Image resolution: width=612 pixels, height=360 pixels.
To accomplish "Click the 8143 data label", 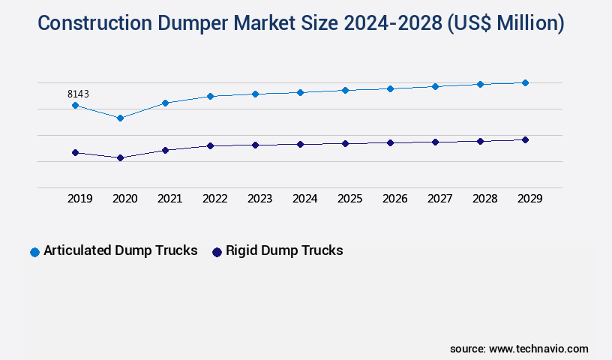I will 78,94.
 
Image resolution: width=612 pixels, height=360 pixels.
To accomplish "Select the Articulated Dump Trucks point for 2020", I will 120,118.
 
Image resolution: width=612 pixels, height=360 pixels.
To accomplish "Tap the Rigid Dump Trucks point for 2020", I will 120,157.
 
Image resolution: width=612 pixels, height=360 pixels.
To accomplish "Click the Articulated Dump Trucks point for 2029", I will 525,82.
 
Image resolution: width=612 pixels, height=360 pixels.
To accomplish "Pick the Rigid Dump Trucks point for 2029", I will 525,139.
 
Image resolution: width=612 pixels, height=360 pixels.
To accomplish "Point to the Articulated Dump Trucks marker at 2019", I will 75,105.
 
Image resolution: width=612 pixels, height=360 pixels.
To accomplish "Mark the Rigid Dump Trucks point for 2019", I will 75,152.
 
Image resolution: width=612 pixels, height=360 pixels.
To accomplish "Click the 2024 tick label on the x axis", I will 304,199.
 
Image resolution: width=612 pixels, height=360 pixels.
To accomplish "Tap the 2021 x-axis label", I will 169,199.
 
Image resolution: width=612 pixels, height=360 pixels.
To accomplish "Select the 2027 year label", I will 439,199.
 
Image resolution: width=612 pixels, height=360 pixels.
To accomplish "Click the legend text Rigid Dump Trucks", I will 284,250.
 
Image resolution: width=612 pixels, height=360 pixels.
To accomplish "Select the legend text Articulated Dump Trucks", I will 120,250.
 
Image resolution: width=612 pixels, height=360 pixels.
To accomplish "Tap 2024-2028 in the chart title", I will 392,23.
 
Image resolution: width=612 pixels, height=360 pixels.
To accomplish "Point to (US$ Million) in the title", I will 505,23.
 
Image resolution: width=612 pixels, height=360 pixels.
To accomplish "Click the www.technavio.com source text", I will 538,349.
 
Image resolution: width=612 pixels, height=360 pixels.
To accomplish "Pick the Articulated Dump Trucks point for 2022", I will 210,96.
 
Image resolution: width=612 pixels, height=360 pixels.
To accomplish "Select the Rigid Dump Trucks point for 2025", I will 345,143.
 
